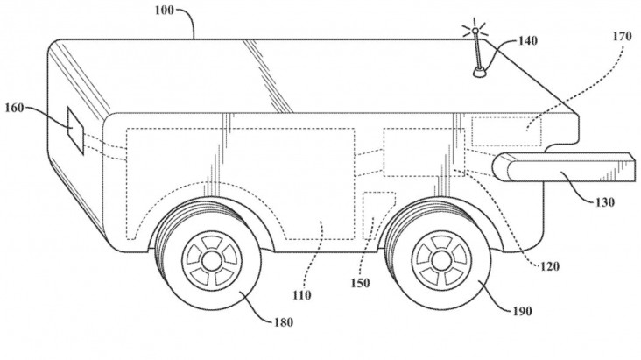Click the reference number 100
pyautogui.click(x=165, y=10)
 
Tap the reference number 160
pyautogui.click(x=14, y=109)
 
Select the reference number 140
pyautogui.click(x=528, y=41)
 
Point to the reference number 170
pyautogui.click(x=623, y=37)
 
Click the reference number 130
pyautogui.click(x=605, y=201)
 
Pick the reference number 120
pyautogui.click(x=549, y=267)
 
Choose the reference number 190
pyautogui.click(x=522, y=311)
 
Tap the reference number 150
pyautogui.click(x=360, y=283)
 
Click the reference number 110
pyautogui.click(x=302, y=295)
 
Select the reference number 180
pyautogui.click(x=284, y=322)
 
